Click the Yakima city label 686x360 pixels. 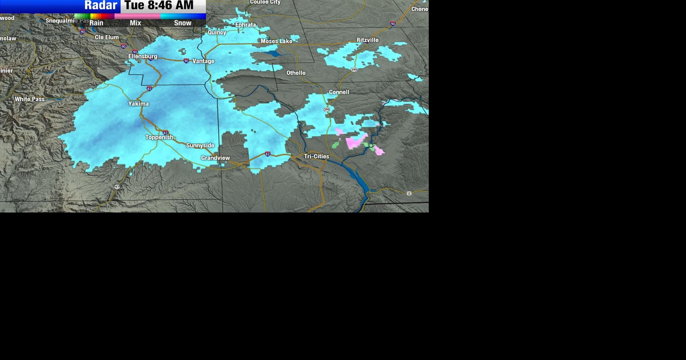click(x=139, y=104)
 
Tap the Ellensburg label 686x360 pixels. click(x=143, y=56)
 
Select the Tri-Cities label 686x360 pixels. click(x=317, y=156)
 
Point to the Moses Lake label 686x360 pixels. click(x=276, y=41)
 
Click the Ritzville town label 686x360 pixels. click(x=367, y=40)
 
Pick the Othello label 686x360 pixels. click(x=296, y=73)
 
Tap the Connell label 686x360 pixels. click(x=339, y=92)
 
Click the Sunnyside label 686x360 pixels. click(x=200, y=146)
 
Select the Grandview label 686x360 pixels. click(x=215, y=158)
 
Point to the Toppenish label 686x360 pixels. click(x=159, y=137)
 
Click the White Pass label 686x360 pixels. click(x=30, y=99)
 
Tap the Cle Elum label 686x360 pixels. click(x=106, y=37)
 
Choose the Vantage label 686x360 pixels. click(x=203, y=61)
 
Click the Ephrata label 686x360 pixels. click(x=245, y=25)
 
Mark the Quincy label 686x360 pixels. click(x=217, y=32)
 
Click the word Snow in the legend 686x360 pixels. click(x=183, y=23)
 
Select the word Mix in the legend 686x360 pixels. click(x=135, y=23)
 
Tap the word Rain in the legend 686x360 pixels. click(x=96, y=23)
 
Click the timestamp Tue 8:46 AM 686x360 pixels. click(x=159, y=5)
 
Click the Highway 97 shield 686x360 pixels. click(x=117, y=187)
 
